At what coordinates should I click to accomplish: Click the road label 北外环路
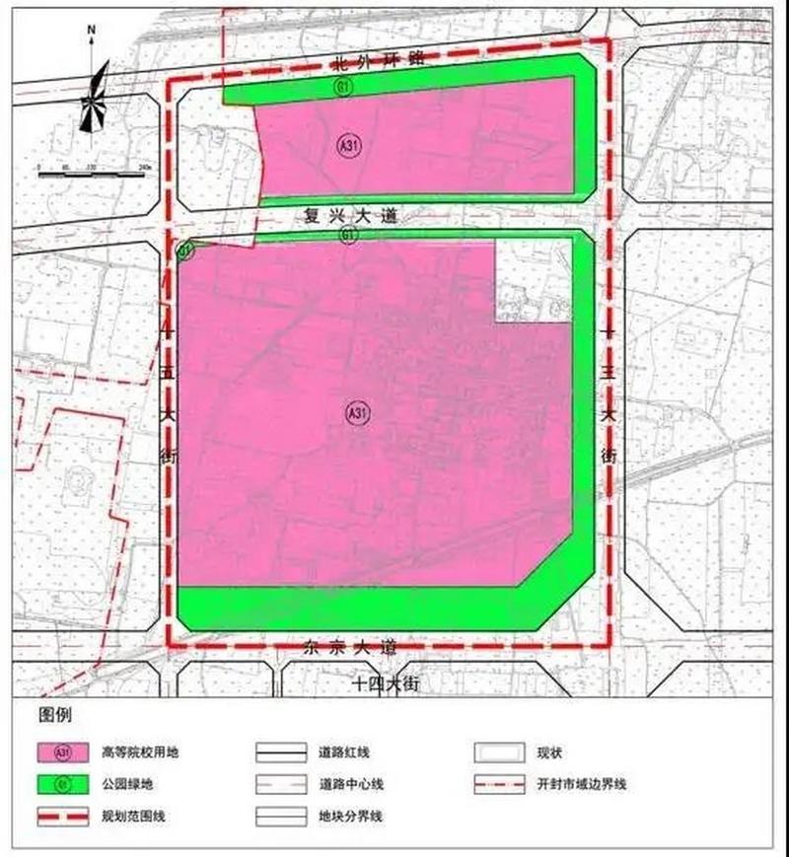click(379, 59)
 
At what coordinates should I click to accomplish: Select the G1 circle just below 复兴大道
click(348, 235)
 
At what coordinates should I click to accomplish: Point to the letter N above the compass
click(91, 30)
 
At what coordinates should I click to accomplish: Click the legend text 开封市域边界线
click(582, 785)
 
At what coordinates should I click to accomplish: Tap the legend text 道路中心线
click(350, 785)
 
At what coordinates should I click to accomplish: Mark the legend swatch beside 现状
click(496, 752)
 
